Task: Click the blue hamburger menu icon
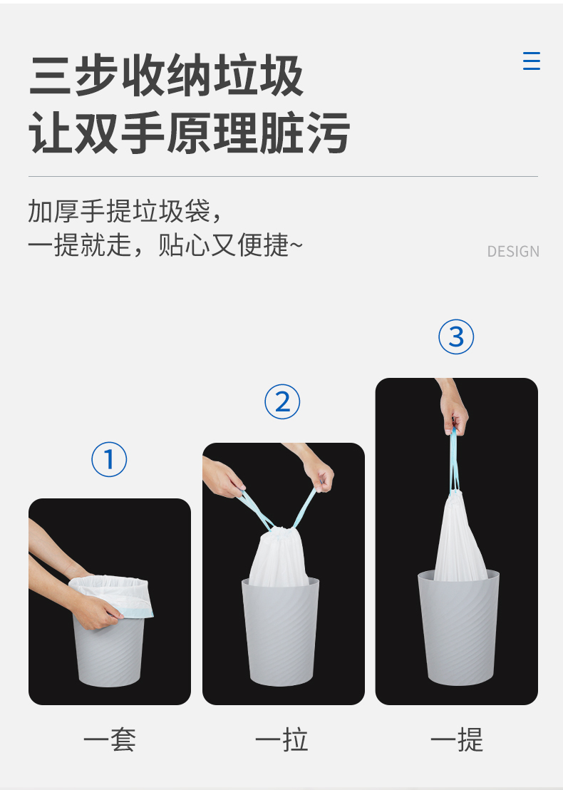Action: (531, 61)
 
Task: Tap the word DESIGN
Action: (513, 252)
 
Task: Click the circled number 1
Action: (109, 459)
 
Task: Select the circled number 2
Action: (282, 402)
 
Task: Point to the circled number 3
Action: (455, 337)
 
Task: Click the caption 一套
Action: (109, 739)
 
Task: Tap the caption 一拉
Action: (281, 739)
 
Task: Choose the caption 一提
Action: (456, 739)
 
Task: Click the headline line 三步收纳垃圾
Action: (167, 76)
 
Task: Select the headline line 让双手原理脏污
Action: (190, 133)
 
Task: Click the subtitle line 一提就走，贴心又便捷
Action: (165, 245)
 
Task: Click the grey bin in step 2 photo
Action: (281, 632)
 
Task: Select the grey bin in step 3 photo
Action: (458, 627)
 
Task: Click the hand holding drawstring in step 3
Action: (453, 408)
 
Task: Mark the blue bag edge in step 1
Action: (136, 613)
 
